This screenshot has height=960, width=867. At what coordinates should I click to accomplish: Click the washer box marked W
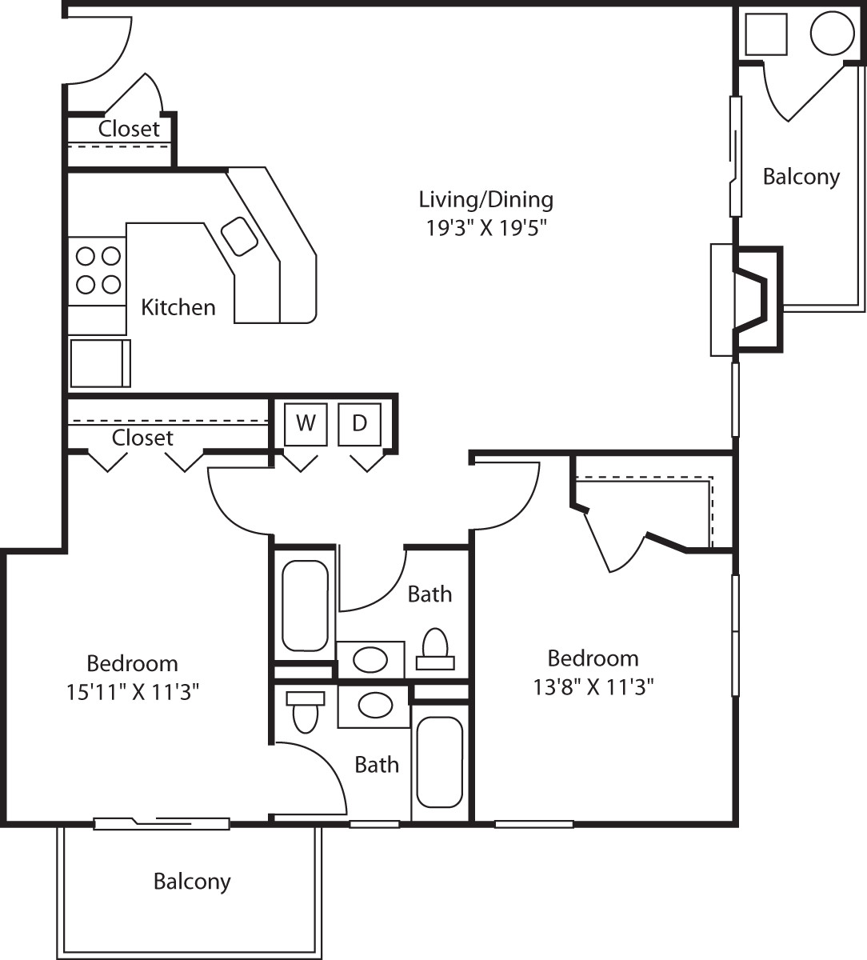[x=306, y=424]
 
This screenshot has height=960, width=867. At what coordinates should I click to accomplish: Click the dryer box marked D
[x=359, y=424]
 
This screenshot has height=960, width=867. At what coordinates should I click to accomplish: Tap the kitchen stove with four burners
[x=97, y=270]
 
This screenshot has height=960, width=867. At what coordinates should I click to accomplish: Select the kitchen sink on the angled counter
[x=239, y=236]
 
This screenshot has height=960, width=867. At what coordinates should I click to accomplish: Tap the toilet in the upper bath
[x=434, y=649]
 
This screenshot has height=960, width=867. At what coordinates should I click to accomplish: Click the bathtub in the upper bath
[x=305, y=606]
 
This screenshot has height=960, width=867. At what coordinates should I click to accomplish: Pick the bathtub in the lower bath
[x=439, y=762]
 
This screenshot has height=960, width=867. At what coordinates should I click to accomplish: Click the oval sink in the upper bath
[x=370, y=660]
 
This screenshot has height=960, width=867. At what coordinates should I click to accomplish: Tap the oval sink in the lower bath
[x=374, y=706]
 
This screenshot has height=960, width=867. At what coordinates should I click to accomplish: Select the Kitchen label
[x=178, y=307]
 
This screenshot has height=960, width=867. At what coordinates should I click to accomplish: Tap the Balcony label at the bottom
[x=192, y=882]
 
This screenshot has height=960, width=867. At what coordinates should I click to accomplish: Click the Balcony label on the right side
[x=801, y=177]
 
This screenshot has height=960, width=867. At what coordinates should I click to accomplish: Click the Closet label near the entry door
[x=129, y=129]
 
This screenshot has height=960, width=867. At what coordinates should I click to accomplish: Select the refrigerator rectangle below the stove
[x=100, y=362]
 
